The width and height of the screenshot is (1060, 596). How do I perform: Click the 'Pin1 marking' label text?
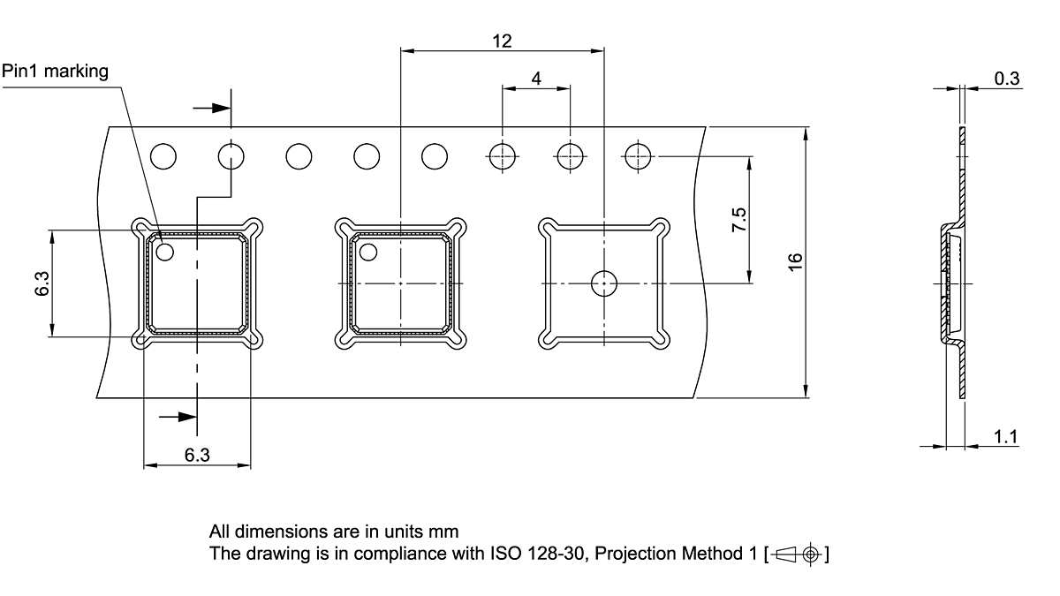click(55, 72)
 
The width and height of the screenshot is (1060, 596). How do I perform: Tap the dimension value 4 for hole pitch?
click(536, 78)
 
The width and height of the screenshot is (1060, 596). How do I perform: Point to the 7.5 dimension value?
click(740, 220)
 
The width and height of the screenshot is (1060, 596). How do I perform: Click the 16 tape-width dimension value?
click(795, 261)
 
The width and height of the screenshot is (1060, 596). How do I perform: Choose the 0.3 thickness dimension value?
click(1007, 79)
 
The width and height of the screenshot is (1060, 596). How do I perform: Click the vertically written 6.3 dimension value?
click(42, 283)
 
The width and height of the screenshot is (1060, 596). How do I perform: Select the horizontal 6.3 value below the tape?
click(197, 455)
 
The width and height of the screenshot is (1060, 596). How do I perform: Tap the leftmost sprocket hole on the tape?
click(163, 156)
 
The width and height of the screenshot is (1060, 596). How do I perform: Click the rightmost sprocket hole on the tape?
click(637, 156)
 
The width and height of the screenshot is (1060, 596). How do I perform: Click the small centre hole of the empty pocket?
click(603, 283)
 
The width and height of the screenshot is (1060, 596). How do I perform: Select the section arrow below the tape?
click(178, 416)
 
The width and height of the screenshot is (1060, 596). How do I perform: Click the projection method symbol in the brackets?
click(800, 555)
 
